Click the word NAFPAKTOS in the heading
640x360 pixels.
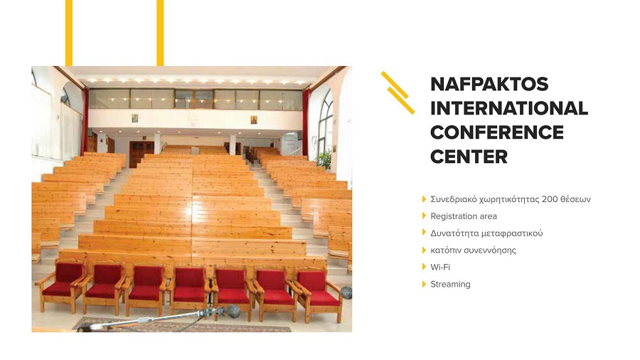click(x=489, y=84)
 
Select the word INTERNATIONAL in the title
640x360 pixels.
click(x=509, y=108)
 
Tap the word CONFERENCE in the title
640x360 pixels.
click(x=497, y=132)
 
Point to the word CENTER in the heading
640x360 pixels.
click(x=469, y=157)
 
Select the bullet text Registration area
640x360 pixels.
click(x=464, y=216)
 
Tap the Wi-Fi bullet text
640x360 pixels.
click(x=440, y=267)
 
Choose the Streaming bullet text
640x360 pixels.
click(x=450, y=284)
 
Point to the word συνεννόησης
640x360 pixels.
click(x=492, y=250)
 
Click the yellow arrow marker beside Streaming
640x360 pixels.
click(x=424, y=284)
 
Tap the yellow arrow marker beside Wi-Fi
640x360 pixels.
click(x=424, y=267)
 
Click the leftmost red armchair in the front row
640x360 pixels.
click(x=61, y=286)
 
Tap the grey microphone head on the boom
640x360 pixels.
click(x=233, y=311)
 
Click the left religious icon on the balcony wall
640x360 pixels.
click(x=134, y=118)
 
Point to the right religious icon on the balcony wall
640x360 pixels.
click(x=253, y=120)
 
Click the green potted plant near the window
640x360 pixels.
click(x=324, y=159)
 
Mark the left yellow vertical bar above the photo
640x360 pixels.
click(x=69, y=33)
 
